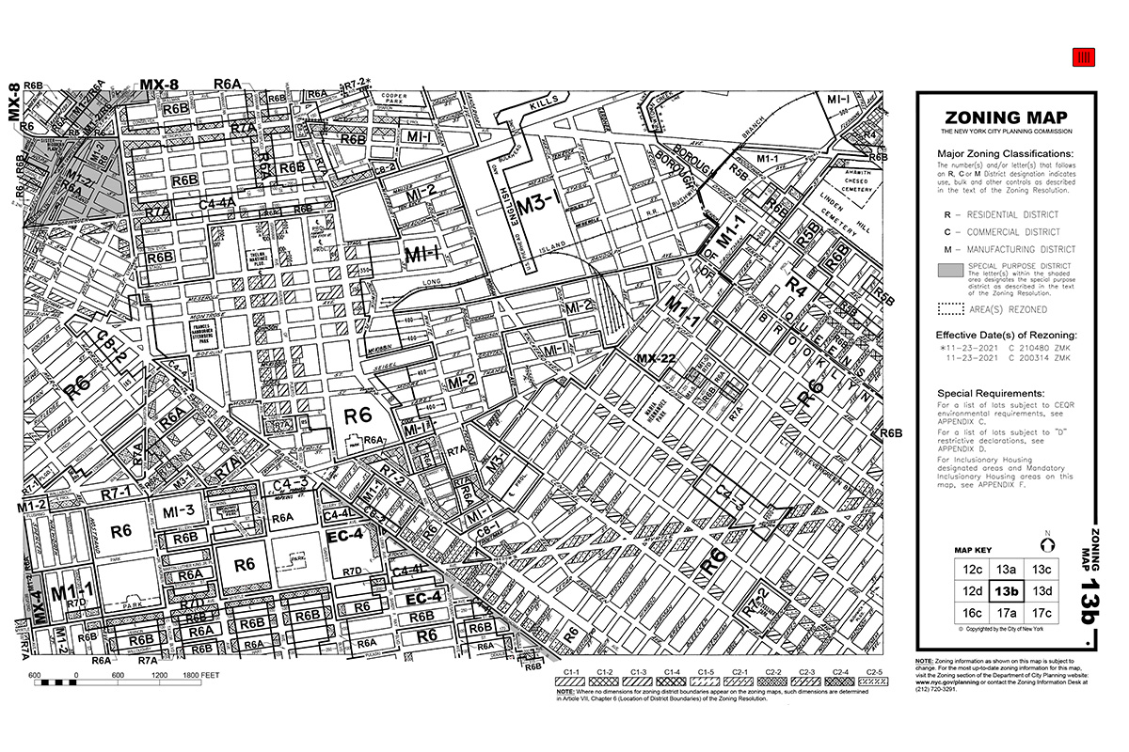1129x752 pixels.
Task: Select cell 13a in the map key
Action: (1006, 569)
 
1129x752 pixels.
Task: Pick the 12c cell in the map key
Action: (969, 569)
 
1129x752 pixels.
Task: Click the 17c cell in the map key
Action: (1042, 613)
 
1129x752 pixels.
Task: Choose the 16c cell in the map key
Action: (969, 613)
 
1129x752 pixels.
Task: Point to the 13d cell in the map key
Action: (1042, 591)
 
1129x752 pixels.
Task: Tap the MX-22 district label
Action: (656, 358)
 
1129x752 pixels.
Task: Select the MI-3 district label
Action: (184, 510)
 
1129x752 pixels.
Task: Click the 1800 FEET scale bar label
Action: (201, 675)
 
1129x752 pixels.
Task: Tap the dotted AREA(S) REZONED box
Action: (950, 309)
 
